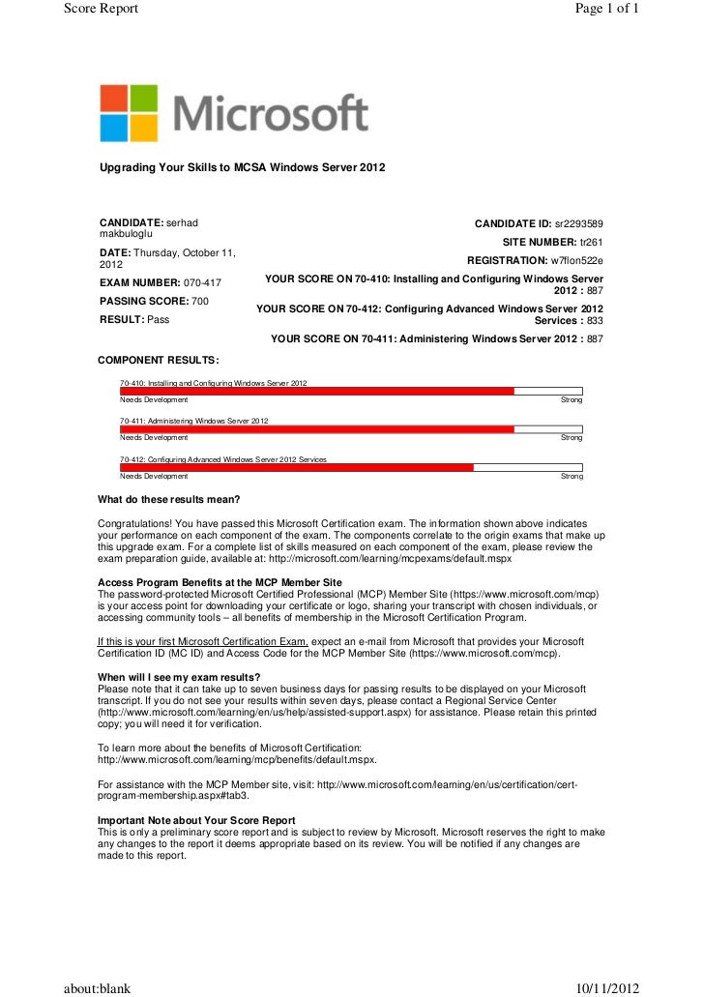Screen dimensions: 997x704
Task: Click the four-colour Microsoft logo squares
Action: click(129, 113)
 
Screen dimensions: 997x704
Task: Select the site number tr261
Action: click(592, 242)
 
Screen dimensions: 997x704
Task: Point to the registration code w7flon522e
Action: click(576, 261)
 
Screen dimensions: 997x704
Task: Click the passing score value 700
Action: click(200, 302)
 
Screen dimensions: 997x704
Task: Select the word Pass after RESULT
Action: click(156, 319)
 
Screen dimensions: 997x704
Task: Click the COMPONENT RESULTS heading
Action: click(158, 360)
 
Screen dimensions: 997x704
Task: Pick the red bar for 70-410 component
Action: click(316, 391)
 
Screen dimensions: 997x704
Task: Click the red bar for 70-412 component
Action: click(296, 467)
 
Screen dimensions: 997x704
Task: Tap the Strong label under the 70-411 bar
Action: click(572, 438)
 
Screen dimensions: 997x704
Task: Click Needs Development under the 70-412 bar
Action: click(154, 477)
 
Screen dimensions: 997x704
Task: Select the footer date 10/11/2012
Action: click(607, 987)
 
